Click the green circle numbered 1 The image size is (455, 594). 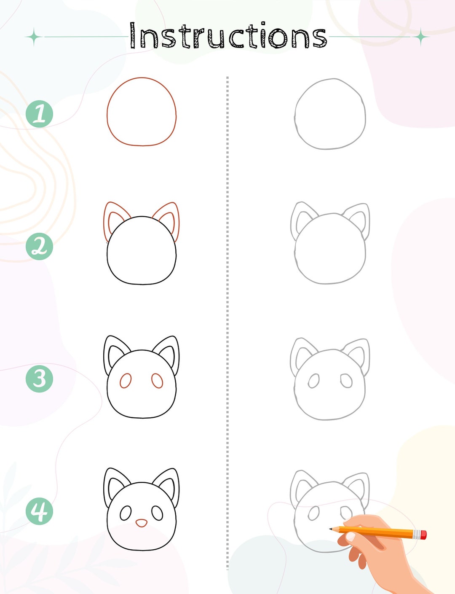39,114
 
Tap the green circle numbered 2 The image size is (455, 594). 39,246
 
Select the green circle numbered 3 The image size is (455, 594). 39,379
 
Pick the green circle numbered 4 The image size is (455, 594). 39,511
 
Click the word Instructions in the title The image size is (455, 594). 228,36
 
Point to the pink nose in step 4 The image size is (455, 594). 141,523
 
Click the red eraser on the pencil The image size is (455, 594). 423,535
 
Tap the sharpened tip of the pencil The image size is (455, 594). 331,528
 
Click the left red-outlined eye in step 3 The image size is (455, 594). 126,381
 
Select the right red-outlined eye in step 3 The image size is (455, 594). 157,381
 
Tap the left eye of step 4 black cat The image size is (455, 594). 126,513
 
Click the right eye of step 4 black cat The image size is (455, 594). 157,513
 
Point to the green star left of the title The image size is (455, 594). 34,37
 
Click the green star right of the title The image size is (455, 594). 420,37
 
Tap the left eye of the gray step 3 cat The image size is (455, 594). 313,381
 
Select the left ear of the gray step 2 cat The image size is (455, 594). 301,217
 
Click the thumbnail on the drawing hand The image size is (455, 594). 351,536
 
